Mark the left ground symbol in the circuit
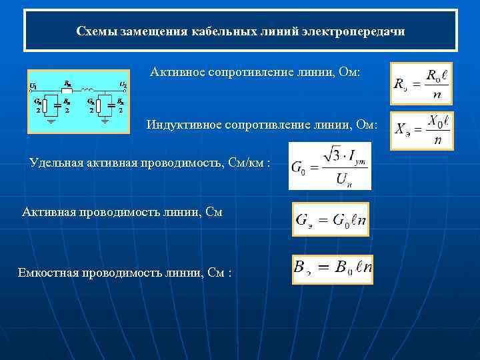pos(51,121)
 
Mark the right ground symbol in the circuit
pos(104,121)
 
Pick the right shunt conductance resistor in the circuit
pos(98,105)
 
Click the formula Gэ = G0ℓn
pos(331,220)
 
